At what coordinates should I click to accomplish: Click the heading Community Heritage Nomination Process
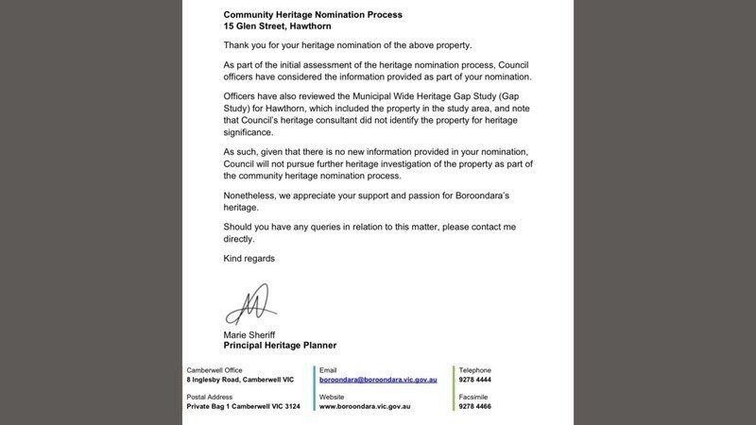(x=312, y=15)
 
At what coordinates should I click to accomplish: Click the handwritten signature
(x=248, y=305)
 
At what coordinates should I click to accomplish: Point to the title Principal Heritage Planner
(x=280, y=346)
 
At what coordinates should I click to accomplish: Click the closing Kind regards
(x=249, y=258)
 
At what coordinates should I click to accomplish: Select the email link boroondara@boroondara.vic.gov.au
(x=378, y=379)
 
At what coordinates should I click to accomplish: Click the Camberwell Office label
(x=215, y=369)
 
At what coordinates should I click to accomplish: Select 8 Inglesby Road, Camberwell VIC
(x=241, y=379)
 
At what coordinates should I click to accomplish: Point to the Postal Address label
(x=211, y=397)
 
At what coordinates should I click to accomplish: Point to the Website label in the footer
(x=332, y=397)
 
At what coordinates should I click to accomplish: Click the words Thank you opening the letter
(x=245, y=44)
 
